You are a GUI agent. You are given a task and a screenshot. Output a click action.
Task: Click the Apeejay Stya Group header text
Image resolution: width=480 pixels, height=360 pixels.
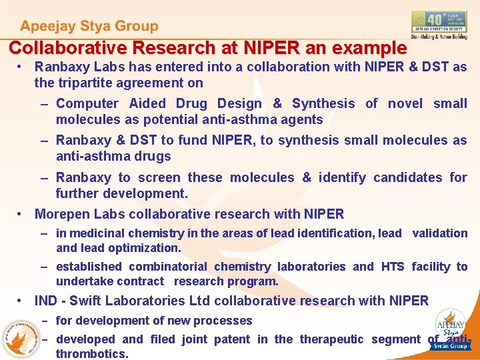(x=89, y=27)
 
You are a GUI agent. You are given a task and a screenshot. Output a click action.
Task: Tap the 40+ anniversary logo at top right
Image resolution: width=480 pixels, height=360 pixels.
(x=439, y=25)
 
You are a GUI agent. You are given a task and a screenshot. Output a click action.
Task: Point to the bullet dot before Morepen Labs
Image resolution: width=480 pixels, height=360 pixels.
(x=22, y=214)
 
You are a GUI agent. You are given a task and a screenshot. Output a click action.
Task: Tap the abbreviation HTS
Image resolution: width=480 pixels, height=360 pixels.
(x=392, y=267)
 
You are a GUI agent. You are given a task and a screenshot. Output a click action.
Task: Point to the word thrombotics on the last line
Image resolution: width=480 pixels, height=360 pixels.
(x=91, y=354)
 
